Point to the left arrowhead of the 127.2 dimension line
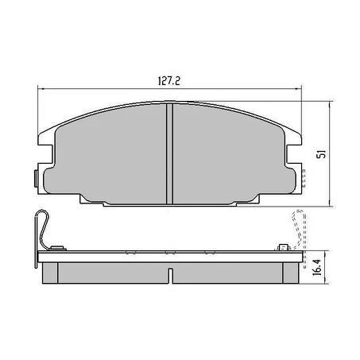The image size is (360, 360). tap(41, 90)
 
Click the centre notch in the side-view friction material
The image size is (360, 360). tap(171, 273)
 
